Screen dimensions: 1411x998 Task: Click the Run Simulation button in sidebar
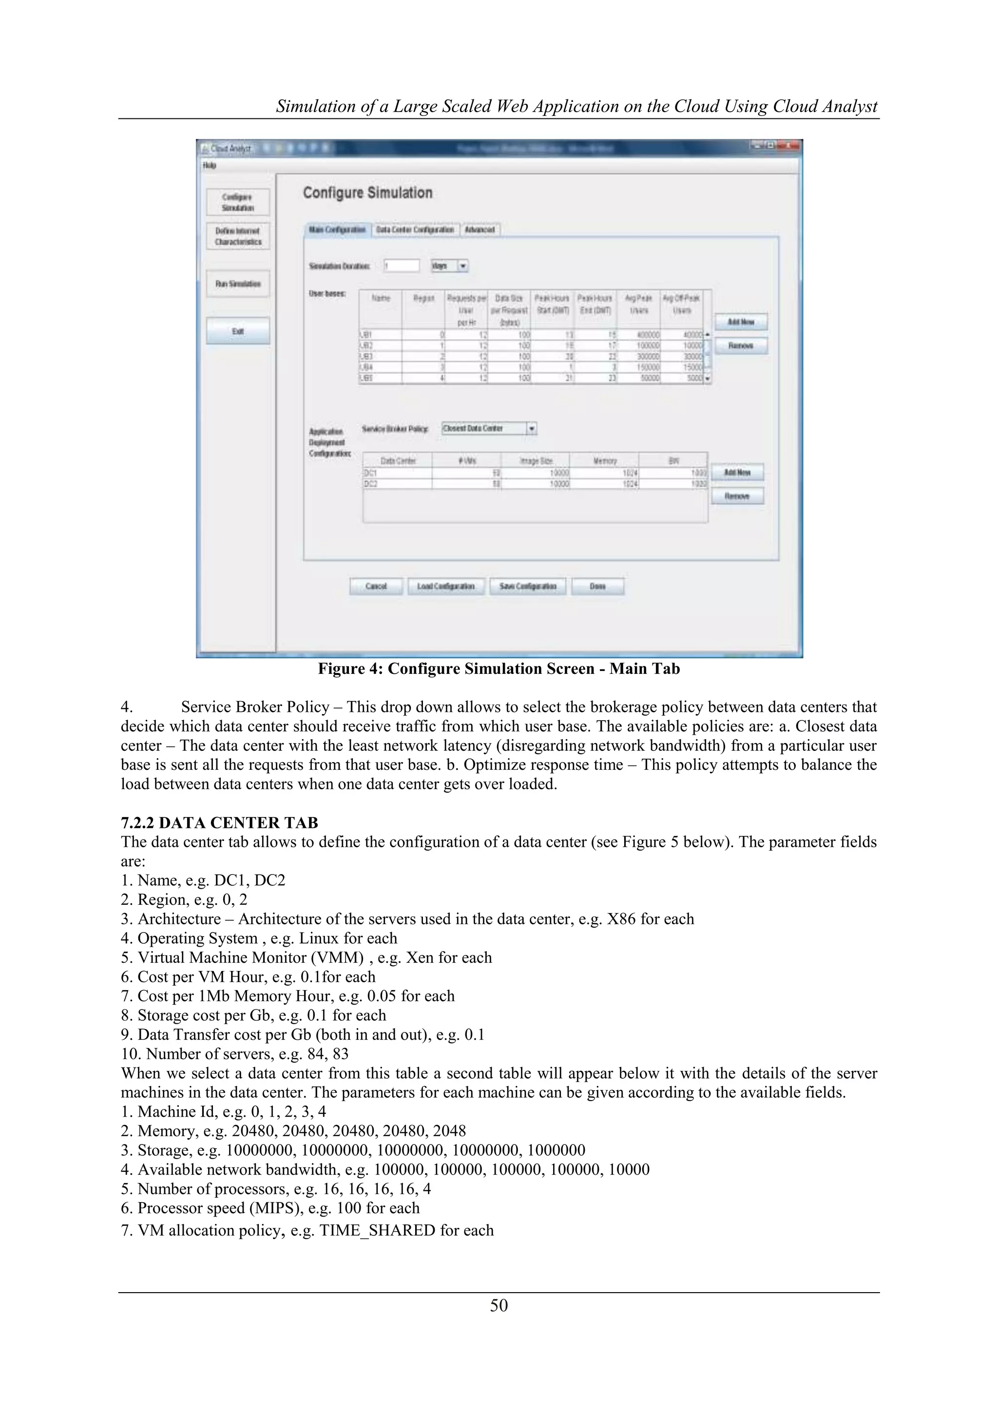click(x=238, y=284)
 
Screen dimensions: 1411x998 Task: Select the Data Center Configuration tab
click(x=415, y=229)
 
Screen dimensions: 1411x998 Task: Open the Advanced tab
click(x=480, y=229)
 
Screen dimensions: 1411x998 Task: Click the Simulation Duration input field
click(x=401, y=266)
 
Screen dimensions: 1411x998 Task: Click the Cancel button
click(x=376, y=586)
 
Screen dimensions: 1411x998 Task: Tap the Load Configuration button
click(x=445, y=586)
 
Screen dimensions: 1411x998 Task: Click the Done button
click(x=597, y=586)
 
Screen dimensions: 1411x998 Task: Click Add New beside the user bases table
click(x=741, y=322)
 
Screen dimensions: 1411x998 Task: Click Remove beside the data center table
click(x=737, y=496)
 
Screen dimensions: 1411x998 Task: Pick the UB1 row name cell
click(x=380, y=335)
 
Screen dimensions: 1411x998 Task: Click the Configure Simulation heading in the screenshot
click(x=367, y=193)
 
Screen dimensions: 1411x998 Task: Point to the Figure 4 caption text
click(x=499, y=668)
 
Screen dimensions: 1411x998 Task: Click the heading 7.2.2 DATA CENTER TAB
click(x=219, y=822)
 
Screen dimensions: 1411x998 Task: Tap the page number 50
click(x=499, y=1305)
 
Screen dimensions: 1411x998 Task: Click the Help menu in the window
click(x=209, y=165)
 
